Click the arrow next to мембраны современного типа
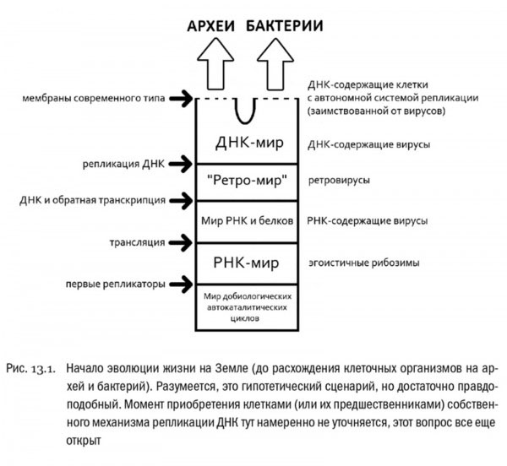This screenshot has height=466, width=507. click(x=181, y=99)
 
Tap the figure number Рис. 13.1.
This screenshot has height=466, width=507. click(x=32, y=369)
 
